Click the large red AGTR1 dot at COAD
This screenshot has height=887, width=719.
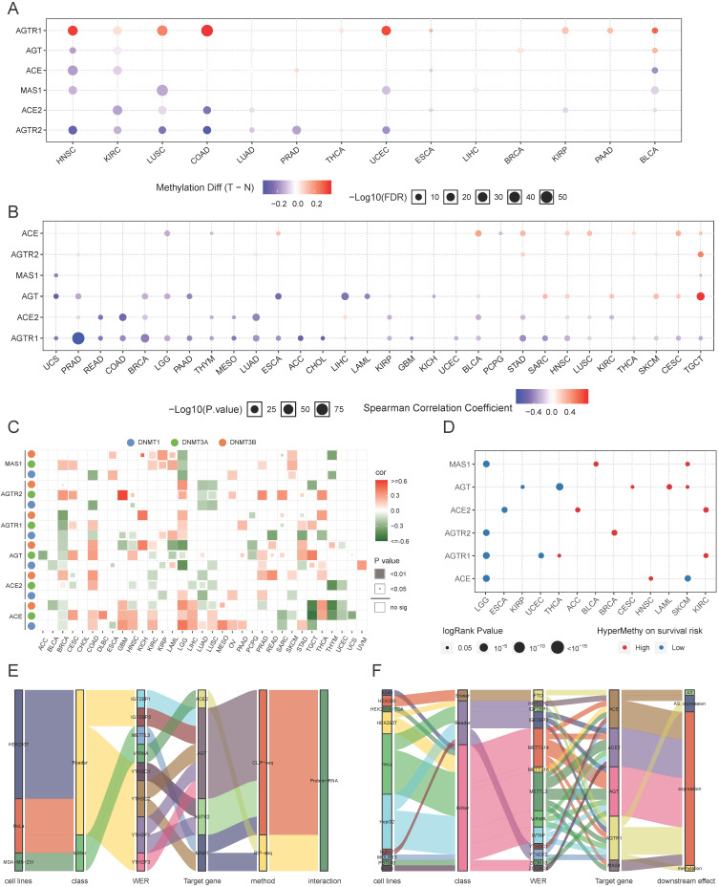(206, 31)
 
